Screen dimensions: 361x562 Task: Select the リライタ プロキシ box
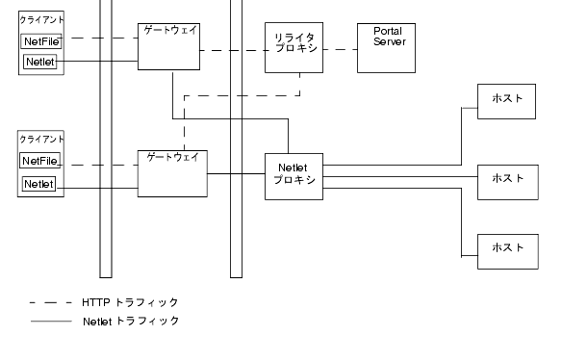pos(294,48)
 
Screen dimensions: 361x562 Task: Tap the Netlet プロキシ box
pos(294,175)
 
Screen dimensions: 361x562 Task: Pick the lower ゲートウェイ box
pos(171,173)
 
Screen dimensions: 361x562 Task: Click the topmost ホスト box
pos(507,100)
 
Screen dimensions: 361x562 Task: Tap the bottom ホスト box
pos(507,248)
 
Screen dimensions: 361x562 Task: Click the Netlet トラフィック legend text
pos(131,321)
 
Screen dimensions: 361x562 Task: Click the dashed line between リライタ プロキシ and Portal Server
pos(340,49)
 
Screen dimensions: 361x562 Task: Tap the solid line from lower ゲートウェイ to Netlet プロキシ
pos(236,173)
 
